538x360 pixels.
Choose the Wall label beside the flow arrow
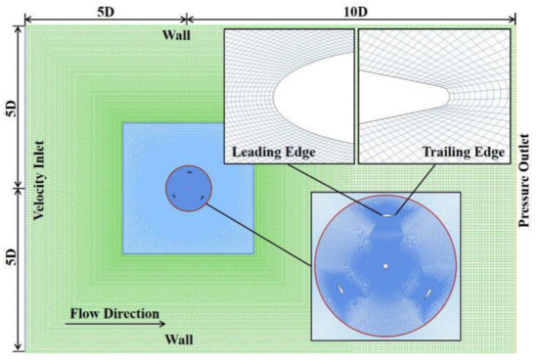pyautogui.click(x=178, y=338)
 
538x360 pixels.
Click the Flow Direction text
pyautogui.click(x=113, y=314)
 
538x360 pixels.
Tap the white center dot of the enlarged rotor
pyautogui.click(x=386, y=265)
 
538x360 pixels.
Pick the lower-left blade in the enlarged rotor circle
pyautogui.click(x=341, y=290)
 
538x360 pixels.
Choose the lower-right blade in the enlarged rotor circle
pyautogui.click(x=429, y=292)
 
